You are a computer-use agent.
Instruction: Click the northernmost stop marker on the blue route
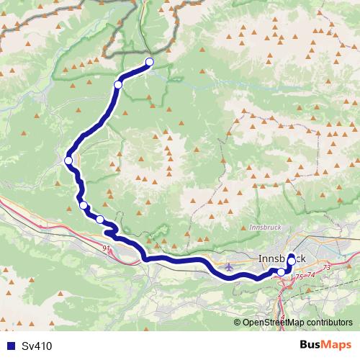150,61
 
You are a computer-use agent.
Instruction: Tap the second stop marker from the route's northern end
118,85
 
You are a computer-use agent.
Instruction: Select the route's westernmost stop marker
68,160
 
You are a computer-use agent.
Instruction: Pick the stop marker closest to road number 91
100,219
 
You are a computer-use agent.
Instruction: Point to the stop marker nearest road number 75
281,271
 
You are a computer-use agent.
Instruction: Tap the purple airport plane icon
229,267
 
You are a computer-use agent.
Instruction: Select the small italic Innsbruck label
263,227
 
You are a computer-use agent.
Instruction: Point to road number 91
107,248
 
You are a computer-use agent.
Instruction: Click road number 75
299,276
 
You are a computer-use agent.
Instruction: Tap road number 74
312,274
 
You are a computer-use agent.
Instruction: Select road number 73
327,267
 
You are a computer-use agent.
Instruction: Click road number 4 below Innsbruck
283,315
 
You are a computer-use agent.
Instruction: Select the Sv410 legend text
37,346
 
